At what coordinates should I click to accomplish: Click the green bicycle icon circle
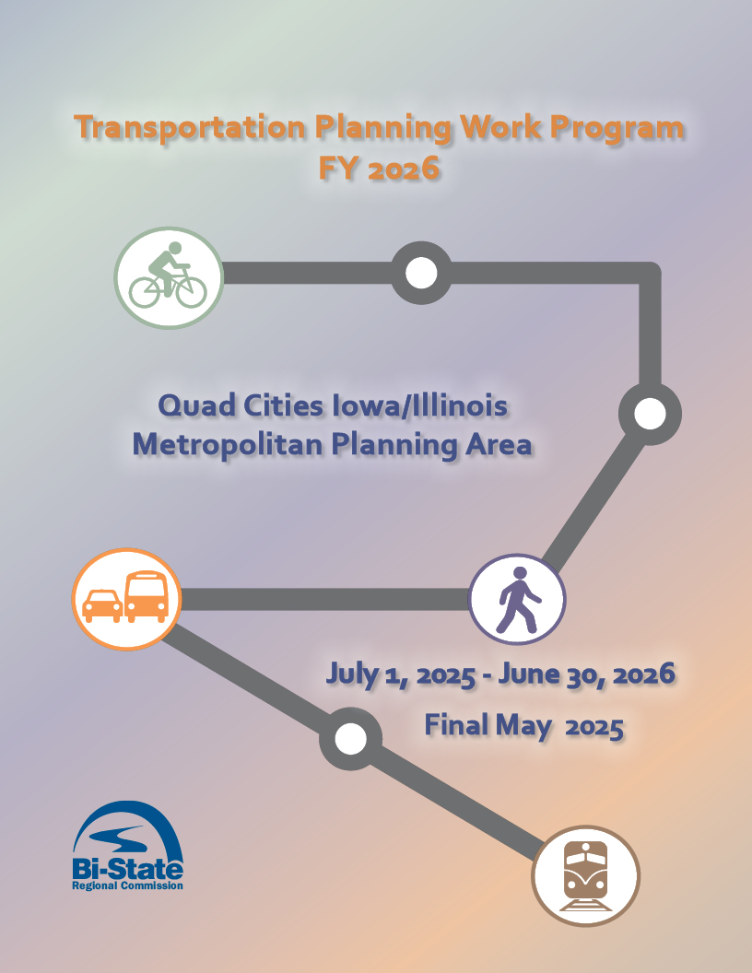click(x=169, y=277)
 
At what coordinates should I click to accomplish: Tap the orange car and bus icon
click(x=124, y=599)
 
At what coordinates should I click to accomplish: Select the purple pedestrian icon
click(x=517, y=599)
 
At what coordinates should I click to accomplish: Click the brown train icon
click(x=586, y=875)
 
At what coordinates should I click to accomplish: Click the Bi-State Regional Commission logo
click(x=127, y=846)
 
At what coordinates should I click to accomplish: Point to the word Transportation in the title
click(x=190, y=127)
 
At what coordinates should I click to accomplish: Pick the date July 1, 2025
click(x=399, y=674)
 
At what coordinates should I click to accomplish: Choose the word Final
click(x=456, y=726)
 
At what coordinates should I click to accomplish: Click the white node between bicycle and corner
click(x=421, y=273)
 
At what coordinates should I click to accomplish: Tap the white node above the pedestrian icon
click(x=650, y=414)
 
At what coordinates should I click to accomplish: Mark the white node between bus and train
click(x=349, y=738)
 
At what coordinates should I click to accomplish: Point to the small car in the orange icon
click(x=101, y=607)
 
